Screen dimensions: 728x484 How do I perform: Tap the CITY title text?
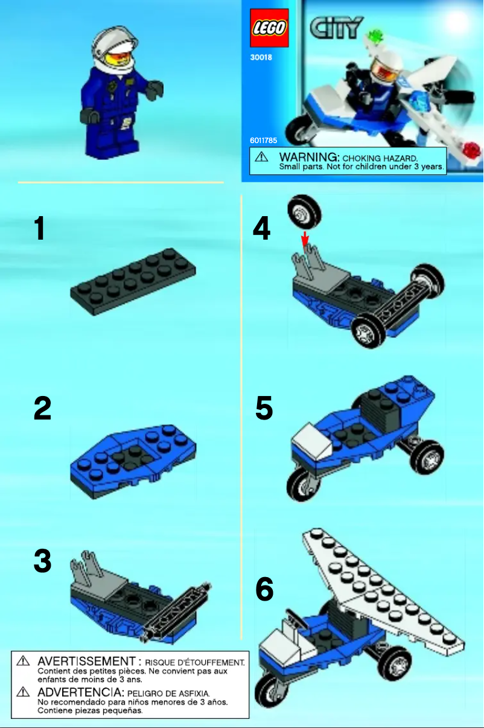point(337,28)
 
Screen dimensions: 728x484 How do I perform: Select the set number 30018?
point(261,59)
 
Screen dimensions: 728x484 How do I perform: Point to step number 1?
point(40,229)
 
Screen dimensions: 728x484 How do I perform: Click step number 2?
point(42,409)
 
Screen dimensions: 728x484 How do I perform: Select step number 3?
point(42,561)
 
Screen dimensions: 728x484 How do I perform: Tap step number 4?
point(261,229)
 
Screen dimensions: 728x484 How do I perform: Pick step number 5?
point(264,409)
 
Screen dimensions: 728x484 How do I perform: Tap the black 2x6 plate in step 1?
point(133,281)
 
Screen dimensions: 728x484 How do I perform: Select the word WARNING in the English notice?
point(304,156)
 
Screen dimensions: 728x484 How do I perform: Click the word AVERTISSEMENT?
point(86,662)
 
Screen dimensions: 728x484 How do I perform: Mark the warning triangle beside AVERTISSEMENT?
point(23,662)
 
